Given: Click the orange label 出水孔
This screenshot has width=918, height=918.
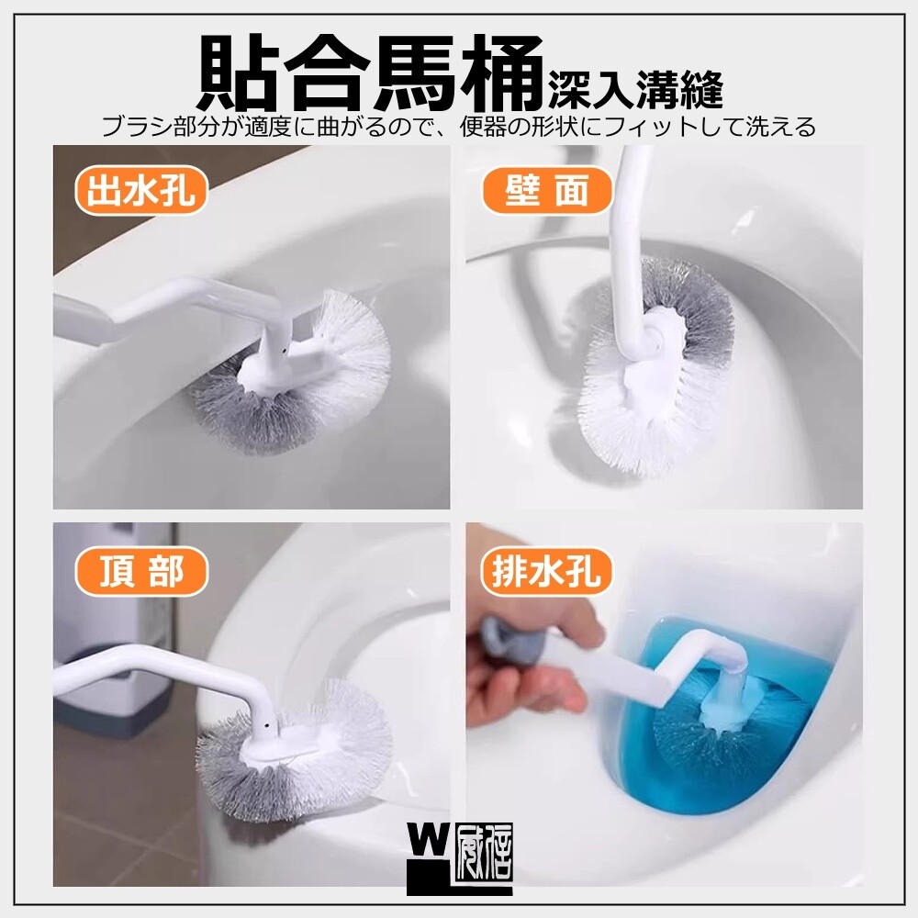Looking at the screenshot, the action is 141,191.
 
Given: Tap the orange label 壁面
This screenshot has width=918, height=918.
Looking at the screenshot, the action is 546,191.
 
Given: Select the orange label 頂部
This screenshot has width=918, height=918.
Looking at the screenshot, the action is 141,571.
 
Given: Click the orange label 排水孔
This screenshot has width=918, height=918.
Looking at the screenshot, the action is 546,571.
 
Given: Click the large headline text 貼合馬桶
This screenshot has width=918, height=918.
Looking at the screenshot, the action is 370,73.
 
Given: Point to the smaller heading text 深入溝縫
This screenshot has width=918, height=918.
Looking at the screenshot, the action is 635,90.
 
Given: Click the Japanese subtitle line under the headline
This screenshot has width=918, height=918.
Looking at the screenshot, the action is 458,127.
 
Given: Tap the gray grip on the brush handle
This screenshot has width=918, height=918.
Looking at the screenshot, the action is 510,640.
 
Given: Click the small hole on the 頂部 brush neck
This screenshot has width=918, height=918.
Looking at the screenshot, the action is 267,726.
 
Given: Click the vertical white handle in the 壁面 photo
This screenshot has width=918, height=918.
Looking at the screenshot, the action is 630,246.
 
